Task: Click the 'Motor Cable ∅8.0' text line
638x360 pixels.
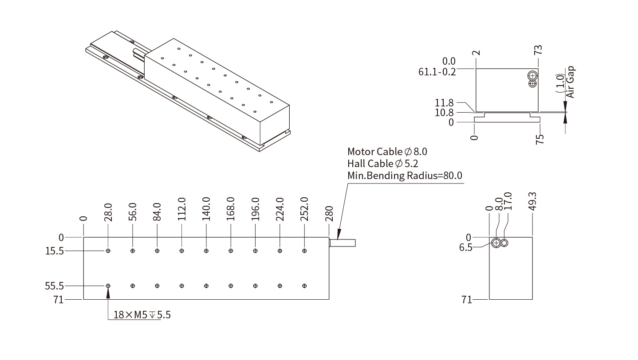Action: [x=387, y=152]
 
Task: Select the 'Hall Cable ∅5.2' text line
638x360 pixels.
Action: [x=382, y=164]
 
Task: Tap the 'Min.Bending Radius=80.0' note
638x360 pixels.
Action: [x=405, y=176]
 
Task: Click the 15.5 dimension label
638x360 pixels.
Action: [x=55, y=251]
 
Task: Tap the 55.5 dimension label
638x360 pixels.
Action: [x=55, y=286]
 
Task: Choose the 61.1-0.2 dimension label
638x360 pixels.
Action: [x=437, y=71]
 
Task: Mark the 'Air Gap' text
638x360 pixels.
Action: [x=571, y=82]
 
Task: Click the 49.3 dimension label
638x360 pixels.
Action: [x=533, y=201]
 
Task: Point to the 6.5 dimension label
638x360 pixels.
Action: [x=466, y=247]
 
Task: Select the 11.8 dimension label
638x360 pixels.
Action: [x=445, y=103]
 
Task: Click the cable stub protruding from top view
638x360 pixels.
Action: [x=343, y=243]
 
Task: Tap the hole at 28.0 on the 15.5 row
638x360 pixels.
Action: [x=108, y=251]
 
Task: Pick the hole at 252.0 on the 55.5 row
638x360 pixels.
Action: [x=304, y=286]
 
